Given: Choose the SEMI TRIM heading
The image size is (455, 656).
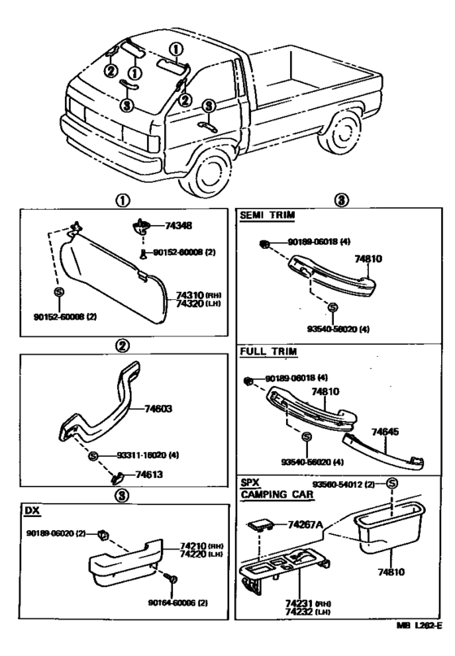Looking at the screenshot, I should [x=266, y=215].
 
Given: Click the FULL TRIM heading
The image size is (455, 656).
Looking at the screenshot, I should [x=267, y=352].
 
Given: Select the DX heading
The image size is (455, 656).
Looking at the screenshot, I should [x=32, y=510].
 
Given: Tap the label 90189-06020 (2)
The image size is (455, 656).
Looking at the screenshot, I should [x=56, y=533].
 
